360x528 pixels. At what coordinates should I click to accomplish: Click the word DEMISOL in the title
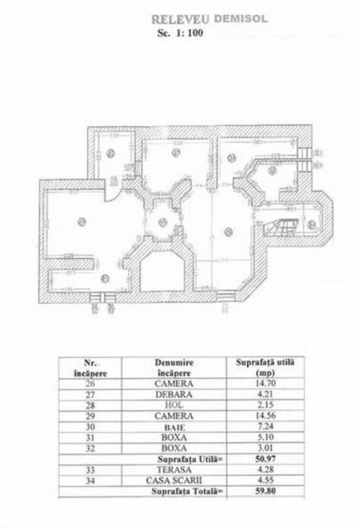coord(240,19)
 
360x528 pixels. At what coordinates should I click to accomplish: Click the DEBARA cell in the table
coord(174,395)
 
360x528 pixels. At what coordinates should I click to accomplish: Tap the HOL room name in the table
coord(174,405)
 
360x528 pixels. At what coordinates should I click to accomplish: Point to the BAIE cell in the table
coord(174,427)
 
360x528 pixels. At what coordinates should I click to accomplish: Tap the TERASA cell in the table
coord(174,470)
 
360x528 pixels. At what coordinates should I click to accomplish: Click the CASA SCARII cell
coord(174,481)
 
